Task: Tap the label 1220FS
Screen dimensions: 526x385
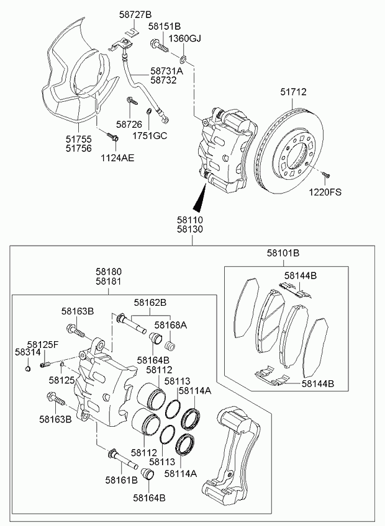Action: (326, 192)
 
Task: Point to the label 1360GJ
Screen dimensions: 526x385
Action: (186, 38)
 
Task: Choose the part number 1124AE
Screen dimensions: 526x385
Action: (118, 158)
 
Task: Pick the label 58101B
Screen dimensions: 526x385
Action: (283, 253)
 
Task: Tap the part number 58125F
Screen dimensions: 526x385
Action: (42, 344)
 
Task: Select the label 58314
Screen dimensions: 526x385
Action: (25, 352)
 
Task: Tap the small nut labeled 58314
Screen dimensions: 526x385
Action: (28, 370)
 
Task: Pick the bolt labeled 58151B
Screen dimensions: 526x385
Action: (159, 46)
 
